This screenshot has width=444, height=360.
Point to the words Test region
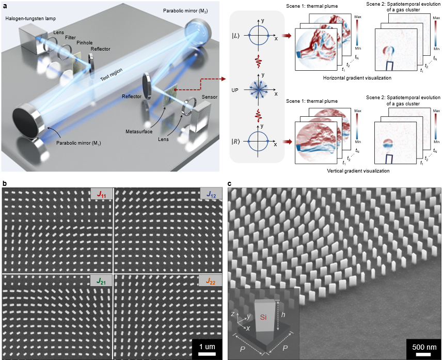(x=112, y=80)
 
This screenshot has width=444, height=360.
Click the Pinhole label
(x=85, y=42)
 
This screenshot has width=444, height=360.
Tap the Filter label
(x=71, y=37)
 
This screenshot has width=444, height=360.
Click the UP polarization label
(x=235, y=89)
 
